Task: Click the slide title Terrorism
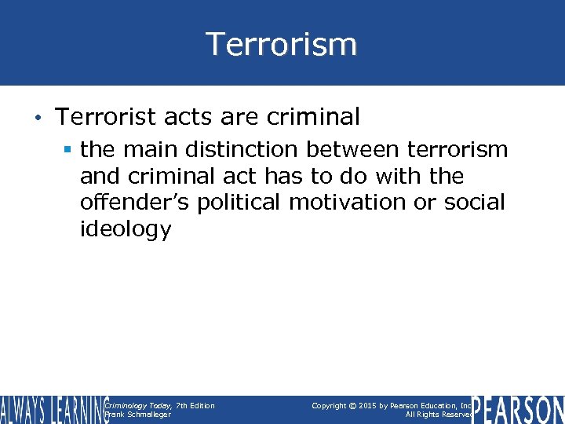[x=282, y=44]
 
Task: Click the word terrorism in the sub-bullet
[x=456, y=149]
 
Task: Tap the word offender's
[x=135, y=203]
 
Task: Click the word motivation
[x=351, y=203]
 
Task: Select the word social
[x=475, y=203]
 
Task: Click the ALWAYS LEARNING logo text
[x=53, y=409]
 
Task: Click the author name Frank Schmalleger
[x=137, y=415]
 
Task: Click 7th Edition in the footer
[x=195, y=405]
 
